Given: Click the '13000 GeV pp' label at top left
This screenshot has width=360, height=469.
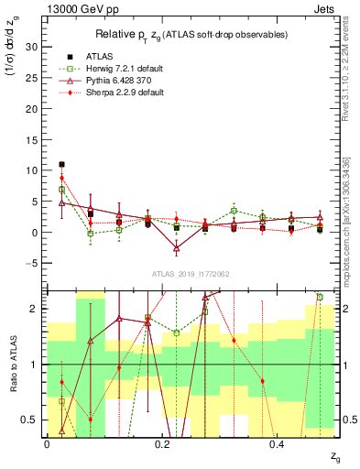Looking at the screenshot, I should pos(76,7).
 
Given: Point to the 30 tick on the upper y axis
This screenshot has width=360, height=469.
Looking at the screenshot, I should pos(35,46).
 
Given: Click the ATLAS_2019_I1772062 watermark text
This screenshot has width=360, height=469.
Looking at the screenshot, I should pos(191,274).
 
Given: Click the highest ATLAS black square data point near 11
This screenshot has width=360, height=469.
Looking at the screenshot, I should pos(61,164).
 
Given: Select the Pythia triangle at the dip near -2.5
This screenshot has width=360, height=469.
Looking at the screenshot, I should pos(177,248).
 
